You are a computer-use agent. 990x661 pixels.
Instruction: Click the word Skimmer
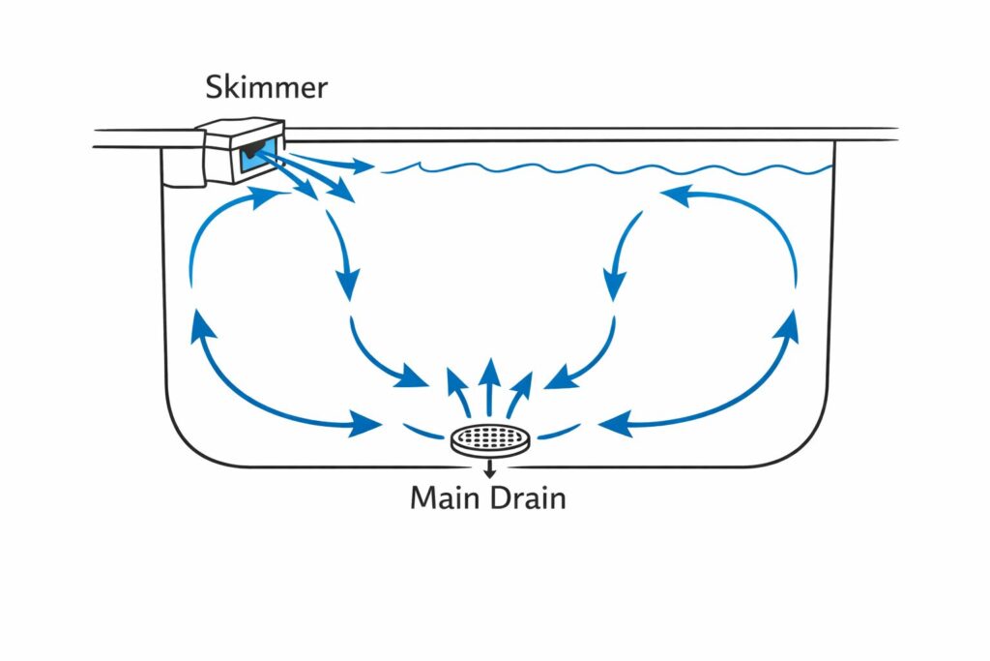point(266,88)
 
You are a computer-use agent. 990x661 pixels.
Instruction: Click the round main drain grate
point(492,441)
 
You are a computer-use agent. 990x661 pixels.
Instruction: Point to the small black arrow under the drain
point(490,470)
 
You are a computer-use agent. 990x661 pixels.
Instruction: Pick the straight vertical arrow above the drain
point(490,377)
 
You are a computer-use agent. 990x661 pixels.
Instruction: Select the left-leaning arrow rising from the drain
point(457,387)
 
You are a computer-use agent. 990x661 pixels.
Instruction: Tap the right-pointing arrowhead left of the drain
point(365,423)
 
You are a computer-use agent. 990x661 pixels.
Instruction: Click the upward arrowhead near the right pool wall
point(789,326)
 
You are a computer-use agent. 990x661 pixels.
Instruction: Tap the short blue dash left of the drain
point(422,430)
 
